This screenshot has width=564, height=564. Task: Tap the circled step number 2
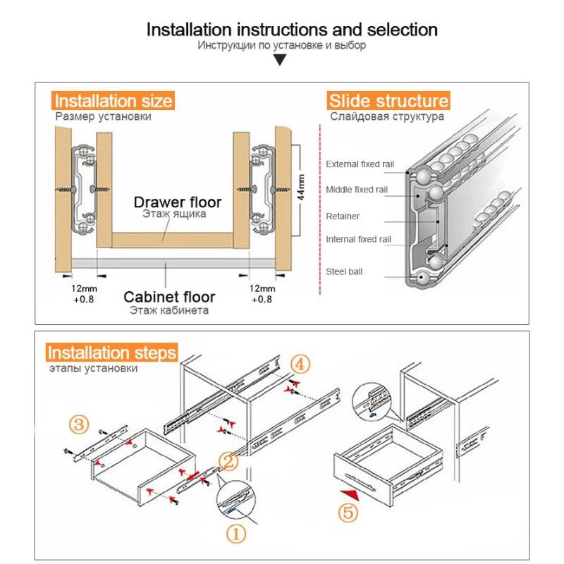[x=228, y=461]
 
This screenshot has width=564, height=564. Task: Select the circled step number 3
[x=80, y=424]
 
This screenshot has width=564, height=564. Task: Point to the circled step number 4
[x=300, y=364]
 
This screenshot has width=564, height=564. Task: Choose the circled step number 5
[x=348, y=513]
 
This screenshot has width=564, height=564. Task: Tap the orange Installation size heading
[x=114, y=101]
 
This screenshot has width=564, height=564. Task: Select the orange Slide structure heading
[x=388, y=101]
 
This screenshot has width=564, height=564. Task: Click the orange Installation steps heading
[x=112, y=352]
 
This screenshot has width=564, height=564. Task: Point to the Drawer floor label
[x=178, y=203]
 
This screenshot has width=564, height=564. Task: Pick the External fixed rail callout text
[x=360, y=164]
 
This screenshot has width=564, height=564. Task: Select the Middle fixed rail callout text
[x=357, y=190]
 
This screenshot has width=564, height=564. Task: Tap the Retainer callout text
[x=343, y=216]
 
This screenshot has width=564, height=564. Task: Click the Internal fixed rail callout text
[x=357, y=240]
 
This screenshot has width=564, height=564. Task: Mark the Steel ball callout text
[x=344, y=271]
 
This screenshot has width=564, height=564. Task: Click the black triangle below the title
[x=281, y=61]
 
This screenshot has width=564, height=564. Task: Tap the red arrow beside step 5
[x=348, y=495]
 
